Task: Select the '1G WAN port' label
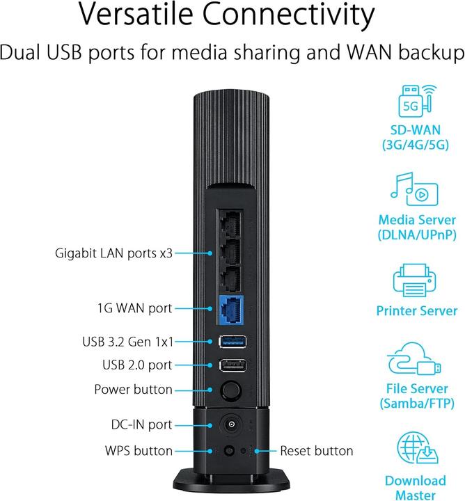point(134,308)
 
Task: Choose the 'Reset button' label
point(316,451)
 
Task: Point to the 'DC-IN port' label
point(141,424)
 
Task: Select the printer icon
point(416,280)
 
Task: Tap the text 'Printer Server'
point(416,311)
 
